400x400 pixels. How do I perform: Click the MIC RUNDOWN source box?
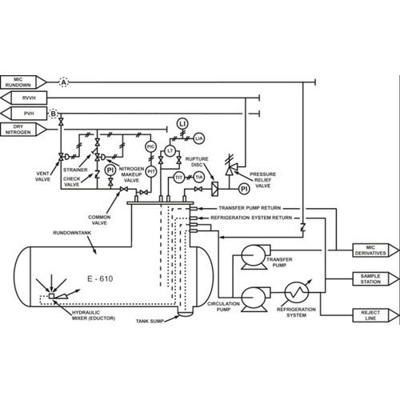[23, 82]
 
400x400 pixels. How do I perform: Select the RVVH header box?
[24, 98]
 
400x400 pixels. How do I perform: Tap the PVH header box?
[24, 114]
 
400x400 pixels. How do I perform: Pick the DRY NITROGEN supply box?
[23, 130]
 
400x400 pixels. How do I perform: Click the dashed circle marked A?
[63, 82]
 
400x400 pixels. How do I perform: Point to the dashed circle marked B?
[54, 114]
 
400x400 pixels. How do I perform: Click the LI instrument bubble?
[182, 124]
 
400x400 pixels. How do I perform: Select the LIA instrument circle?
[198, 138]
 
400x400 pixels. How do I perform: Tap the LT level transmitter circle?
[170, 151]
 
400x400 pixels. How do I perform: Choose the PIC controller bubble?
[151, 146]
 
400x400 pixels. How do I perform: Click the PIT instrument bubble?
[151, 172]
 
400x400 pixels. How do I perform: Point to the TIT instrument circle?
[179, 178]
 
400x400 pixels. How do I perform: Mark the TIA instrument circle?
[199, 177]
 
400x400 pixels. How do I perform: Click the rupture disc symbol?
[215, 189]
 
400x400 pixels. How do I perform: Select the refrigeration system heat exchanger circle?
[297, 293]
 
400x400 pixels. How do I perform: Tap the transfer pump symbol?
[254, 258]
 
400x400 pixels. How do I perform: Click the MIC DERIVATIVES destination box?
[376, 250]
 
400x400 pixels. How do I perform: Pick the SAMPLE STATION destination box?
[376, 279]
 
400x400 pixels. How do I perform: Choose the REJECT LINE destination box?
[376, 315]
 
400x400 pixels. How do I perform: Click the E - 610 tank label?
[100, 278]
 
